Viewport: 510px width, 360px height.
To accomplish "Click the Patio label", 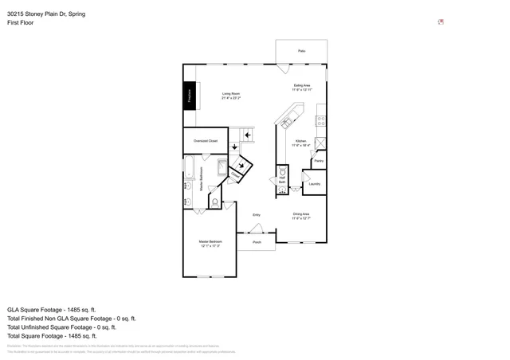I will click(301, 51).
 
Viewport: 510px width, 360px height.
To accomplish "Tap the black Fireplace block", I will click(190, 96).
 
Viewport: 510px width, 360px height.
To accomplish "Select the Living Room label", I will click(230, 96).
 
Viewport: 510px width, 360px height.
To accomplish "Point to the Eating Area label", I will click(301, 88).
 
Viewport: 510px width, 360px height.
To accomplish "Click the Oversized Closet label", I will click(206, 141).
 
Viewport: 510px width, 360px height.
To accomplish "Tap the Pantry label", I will click(318, 161).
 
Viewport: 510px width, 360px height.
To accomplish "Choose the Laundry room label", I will click(314, 184).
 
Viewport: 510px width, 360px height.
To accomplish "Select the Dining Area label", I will click(301, 215).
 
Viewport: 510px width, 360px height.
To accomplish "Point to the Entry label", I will click(257, 215).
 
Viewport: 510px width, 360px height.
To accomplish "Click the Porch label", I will click(257, 242).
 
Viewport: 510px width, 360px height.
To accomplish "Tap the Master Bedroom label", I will click(210, 243).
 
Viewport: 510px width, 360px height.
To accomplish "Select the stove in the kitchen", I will click(320, 121).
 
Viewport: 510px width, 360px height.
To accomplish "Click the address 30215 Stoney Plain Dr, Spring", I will click(47, 14).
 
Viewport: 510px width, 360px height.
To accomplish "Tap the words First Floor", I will click(21, 23).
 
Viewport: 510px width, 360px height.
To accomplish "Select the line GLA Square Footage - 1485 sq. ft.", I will click(51, 309).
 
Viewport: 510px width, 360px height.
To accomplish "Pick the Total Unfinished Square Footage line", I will click(61, 327).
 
